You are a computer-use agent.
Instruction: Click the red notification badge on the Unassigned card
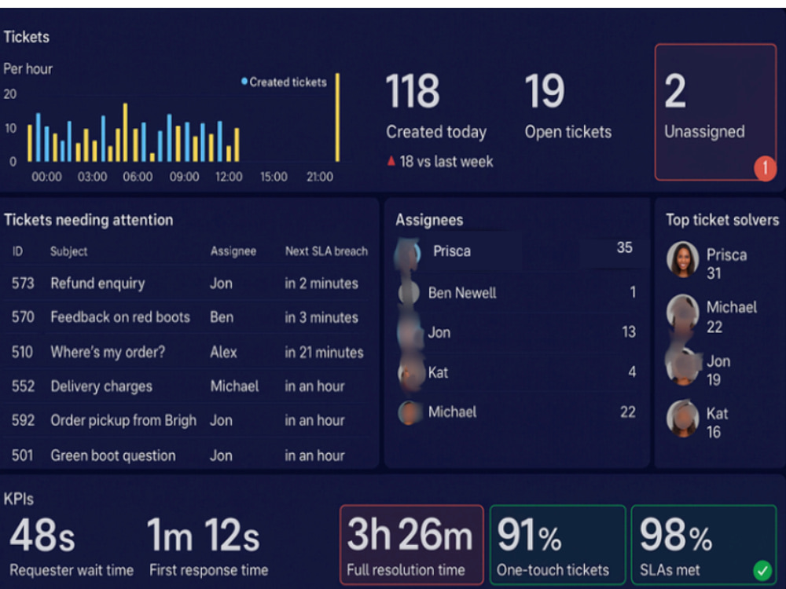pos(765,168)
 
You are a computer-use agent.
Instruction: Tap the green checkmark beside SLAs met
pos(762,570)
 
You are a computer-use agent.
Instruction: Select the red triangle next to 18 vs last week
pos(391,161)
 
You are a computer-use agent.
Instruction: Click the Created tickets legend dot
pos(244,81)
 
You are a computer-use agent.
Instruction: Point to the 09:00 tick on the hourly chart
pos(184,177)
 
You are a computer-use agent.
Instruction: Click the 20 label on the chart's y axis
pos(10,94)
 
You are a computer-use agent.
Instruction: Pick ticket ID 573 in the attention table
pos(23,284)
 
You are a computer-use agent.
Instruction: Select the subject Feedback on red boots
pos(120,317)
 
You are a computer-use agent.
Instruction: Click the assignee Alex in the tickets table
pos(223,352)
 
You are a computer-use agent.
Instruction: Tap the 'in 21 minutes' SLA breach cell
pos(325,352)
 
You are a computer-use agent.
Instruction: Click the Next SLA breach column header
pos(326,251)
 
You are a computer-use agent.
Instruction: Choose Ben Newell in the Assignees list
pos(462,293)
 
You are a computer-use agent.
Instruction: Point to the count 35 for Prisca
pos(625,247)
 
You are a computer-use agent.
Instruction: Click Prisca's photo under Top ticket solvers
pos(682,259)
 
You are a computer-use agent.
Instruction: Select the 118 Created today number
pos(413,90)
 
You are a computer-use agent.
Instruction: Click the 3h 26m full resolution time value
pos(410,534)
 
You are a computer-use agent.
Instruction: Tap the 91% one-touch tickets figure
pos(529,535)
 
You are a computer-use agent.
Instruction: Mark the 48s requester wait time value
pos(42,535)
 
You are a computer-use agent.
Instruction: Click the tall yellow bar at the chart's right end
pos(337,118)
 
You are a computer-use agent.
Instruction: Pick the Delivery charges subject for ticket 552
pos(101,386)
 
